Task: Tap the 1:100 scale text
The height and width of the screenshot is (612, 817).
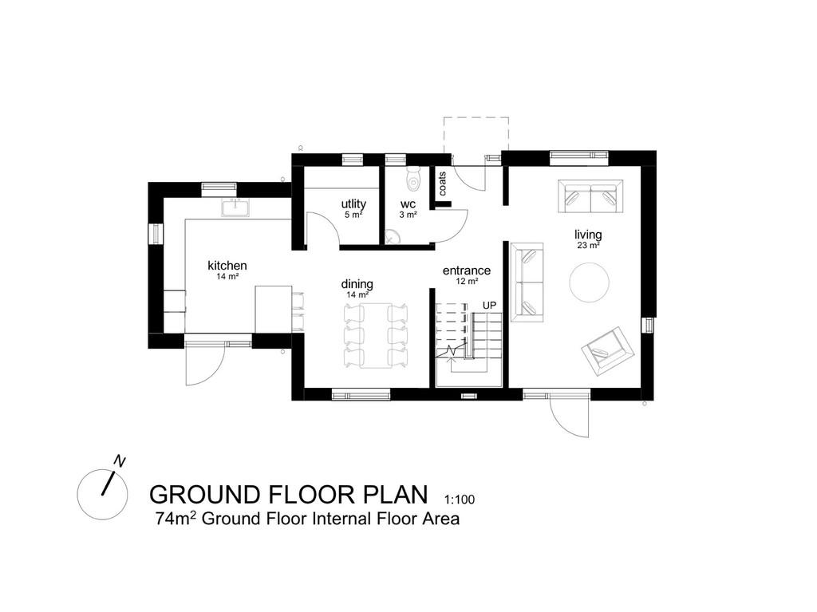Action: [x=460, y=500]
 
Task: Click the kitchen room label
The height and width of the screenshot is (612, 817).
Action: [x=227, y=266]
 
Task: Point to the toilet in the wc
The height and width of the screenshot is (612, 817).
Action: [x=412, y=180]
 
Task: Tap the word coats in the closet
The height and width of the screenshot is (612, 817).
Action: [x=442, y=184]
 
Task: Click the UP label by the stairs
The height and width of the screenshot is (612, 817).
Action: [x=489, y=306]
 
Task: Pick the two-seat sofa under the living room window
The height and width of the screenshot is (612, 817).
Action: [x=590, y=197]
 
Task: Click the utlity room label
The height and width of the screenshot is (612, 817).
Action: [x=353, y=204]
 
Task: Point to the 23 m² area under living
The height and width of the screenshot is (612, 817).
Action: [x=588, y=246]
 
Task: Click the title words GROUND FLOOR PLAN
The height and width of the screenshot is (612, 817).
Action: [x=289, y=493]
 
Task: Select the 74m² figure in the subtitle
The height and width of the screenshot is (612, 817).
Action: [x=176, y=519]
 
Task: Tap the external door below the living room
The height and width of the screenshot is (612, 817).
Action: [x=569, y=414]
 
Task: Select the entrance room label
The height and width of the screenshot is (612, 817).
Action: [x=467, y=271]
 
